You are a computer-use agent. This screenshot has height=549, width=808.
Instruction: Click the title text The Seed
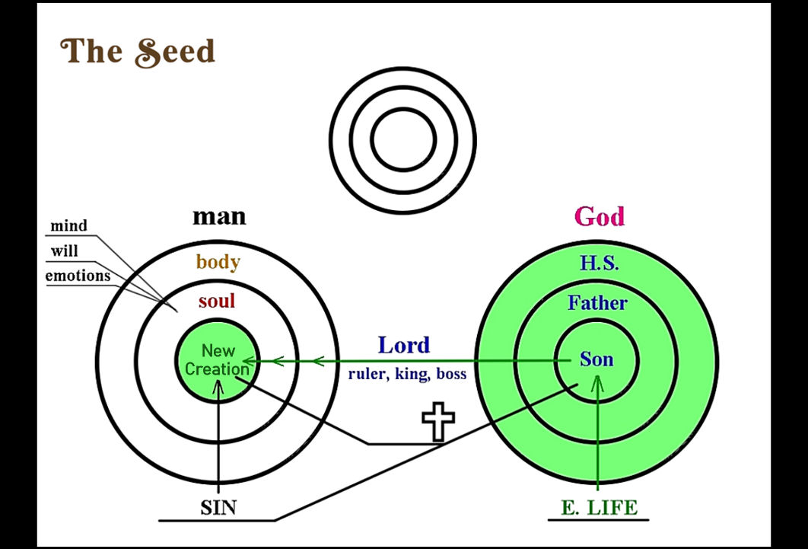138,52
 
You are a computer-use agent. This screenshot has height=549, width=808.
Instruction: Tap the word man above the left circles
219,216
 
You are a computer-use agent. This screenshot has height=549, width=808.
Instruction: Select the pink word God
600,216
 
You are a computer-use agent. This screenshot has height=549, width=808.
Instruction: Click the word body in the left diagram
218,262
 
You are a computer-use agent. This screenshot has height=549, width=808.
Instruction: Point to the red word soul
217,301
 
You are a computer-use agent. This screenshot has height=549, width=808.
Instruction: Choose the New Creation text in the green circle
217,360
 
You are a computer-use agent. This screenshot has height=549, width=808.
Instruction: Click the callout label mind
68,225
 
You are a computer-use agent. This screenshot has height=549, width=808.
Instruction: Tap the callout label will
65,251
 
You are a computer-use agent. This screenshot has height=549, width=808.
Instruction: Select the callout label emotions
78,276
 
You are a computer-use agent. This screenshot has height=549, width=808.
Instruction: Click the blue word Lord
404,345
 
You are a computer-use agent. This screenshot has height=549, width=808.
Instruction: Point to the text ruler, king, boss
407,374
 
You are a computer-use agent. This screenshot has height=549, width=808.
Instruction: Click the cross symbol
438,422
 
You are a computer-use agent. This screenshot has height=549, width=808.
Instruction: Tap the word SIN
218,508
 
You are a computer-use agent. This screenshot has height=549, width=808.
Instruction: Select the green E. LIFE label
599,508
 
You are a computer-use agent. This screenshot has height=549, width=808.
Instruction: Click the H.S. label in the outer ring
600,263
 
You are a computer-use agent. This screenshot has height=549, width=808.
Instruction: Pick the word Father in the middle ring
598,302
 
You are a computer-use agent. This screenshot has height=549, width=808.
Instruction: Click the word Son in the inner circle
596,359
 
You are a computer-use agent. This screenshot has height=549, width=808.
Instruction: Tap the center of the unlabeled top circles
403,140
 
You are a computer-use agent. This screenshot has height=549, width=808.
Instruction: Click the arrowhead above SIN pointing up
218,388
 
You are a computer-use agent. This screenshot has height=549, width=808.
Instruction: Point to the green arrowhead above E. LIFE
597,382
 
